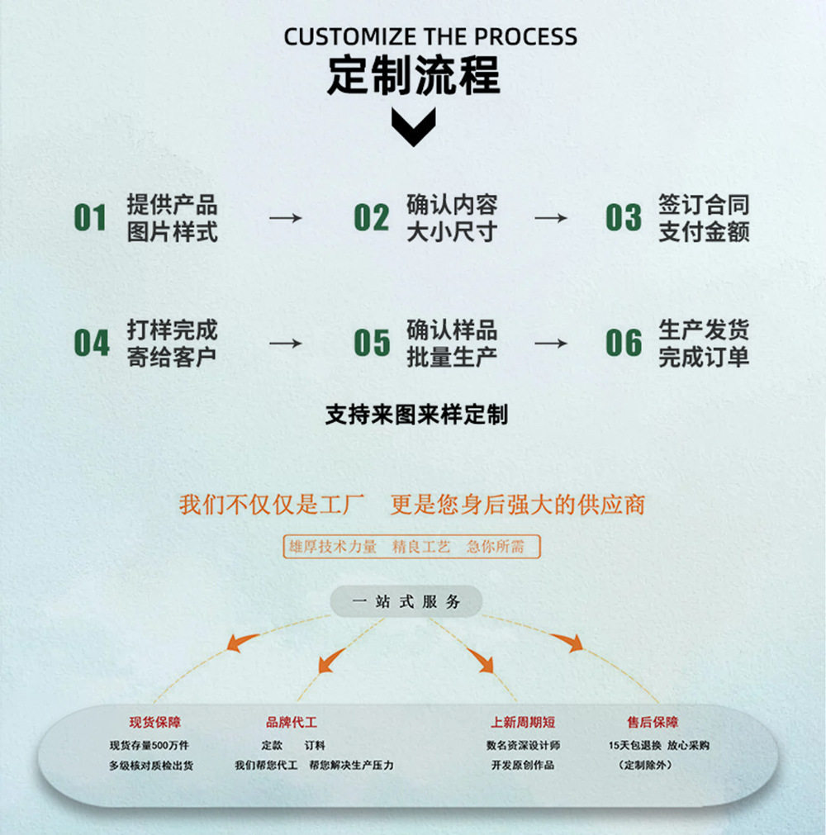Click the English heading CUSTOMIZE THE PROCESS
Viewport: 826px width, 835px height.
(x=430, y=37)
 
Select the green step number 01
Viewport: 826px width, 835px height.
(x=91, y=218)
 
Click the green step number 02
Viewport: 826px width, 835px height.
(x=371, y=218)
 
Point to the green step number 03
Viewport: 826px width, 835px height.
(x=623, y=218)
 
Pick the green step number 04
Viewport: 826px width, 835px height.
(x=91, y=343)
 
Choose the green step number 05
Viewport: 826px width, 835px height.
(x=371, y=343)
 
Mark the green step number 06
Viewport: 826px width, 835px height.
(x=623, y=343)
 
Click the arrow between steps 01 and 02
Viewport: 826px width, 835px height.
(x=286, y=218)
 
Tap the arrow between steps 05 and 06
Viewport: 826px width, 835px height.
(x=551, y=343)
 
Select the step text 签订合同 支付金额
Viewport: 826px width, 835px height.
(x=704, y=218)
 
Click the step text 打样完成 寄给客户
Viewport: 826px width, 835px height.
(x=172, y=343)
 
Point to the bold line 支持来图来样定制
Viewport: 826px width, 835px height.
(x=416, y=415)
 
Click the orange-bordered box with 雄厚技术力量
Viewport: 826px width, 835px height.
(x=412, y=547)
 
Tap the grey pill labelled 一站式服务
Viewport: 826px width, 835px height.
(x=406, y=602)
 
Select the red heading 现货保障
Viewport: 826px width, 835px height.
(x=154, y=723)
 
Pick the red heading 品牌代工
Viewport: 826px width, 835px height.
(x=292, y=723)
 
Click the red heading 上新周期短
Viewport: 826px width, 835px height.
(x=523, y=723)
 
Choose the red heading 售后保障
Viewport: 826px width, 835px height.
(x=653, y=723)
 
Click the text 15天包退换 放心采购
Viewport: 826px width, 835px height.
(x=658, y=745)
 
